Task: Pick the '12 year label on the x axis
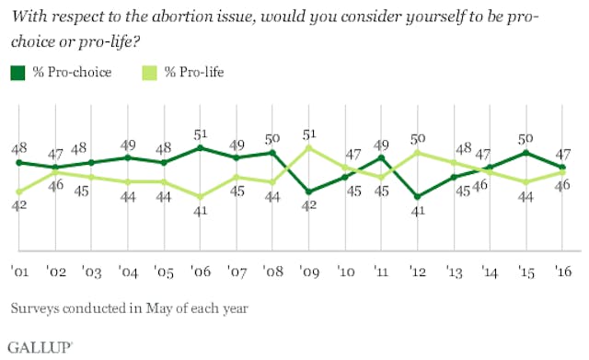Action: pos(417,271)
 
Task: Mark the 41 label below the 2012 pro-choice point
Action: pos(417,211)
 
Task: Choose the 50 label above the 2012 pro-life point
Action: pos(417,138)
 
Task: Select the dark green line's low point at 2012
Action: pos(417,196)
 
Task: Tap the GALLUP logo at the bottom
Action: pos(40,346)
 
